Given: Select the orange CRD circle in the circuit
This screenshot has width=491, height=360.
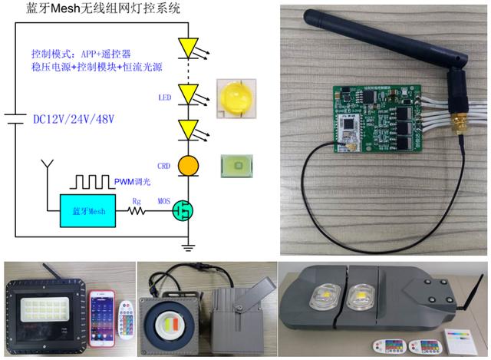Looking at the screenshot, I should click(x=189, y=164).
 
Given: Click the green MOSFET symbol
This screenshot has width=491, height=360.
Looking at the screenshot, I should click(x=184, y=209).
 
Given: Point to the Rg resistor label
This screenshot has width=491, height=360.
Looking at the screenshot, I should click(x=137, y=202).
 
